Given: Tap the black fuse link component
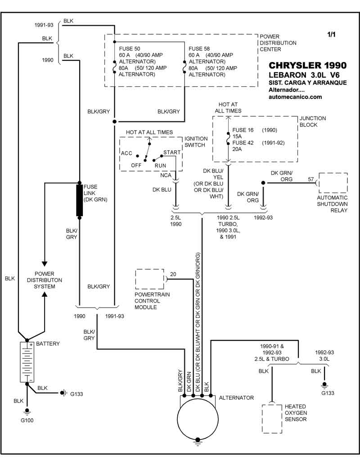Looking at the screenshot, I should click(x=80, y=200).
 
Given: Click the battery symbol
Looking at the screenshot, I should click(x=27, y=362).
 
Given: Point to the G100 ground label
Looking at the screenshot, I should click(x=27, y=421).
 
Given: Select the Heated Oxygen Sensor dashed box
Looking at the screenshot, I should click(x=272, y=418).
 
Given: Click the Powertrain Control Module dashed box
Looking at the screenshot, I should click(x=149, y=280).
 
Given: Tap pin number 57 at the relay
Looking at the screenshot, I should click(x=311, y=179).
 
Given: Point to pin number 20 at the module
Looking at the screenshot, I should click(x=173, y=274).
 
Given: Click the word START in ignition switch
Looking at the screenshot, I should click(x=172, y=153).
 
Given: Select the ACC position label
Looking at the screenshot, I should click(x=126, y=153).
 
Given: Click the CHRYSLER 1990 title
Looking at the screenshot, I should click(x=307, y=65).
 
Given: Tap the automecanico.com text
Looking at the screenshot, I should click(x=295, y=97).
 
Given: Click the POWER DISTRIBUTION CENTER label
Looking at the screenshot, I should click(x=278, y=43).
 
